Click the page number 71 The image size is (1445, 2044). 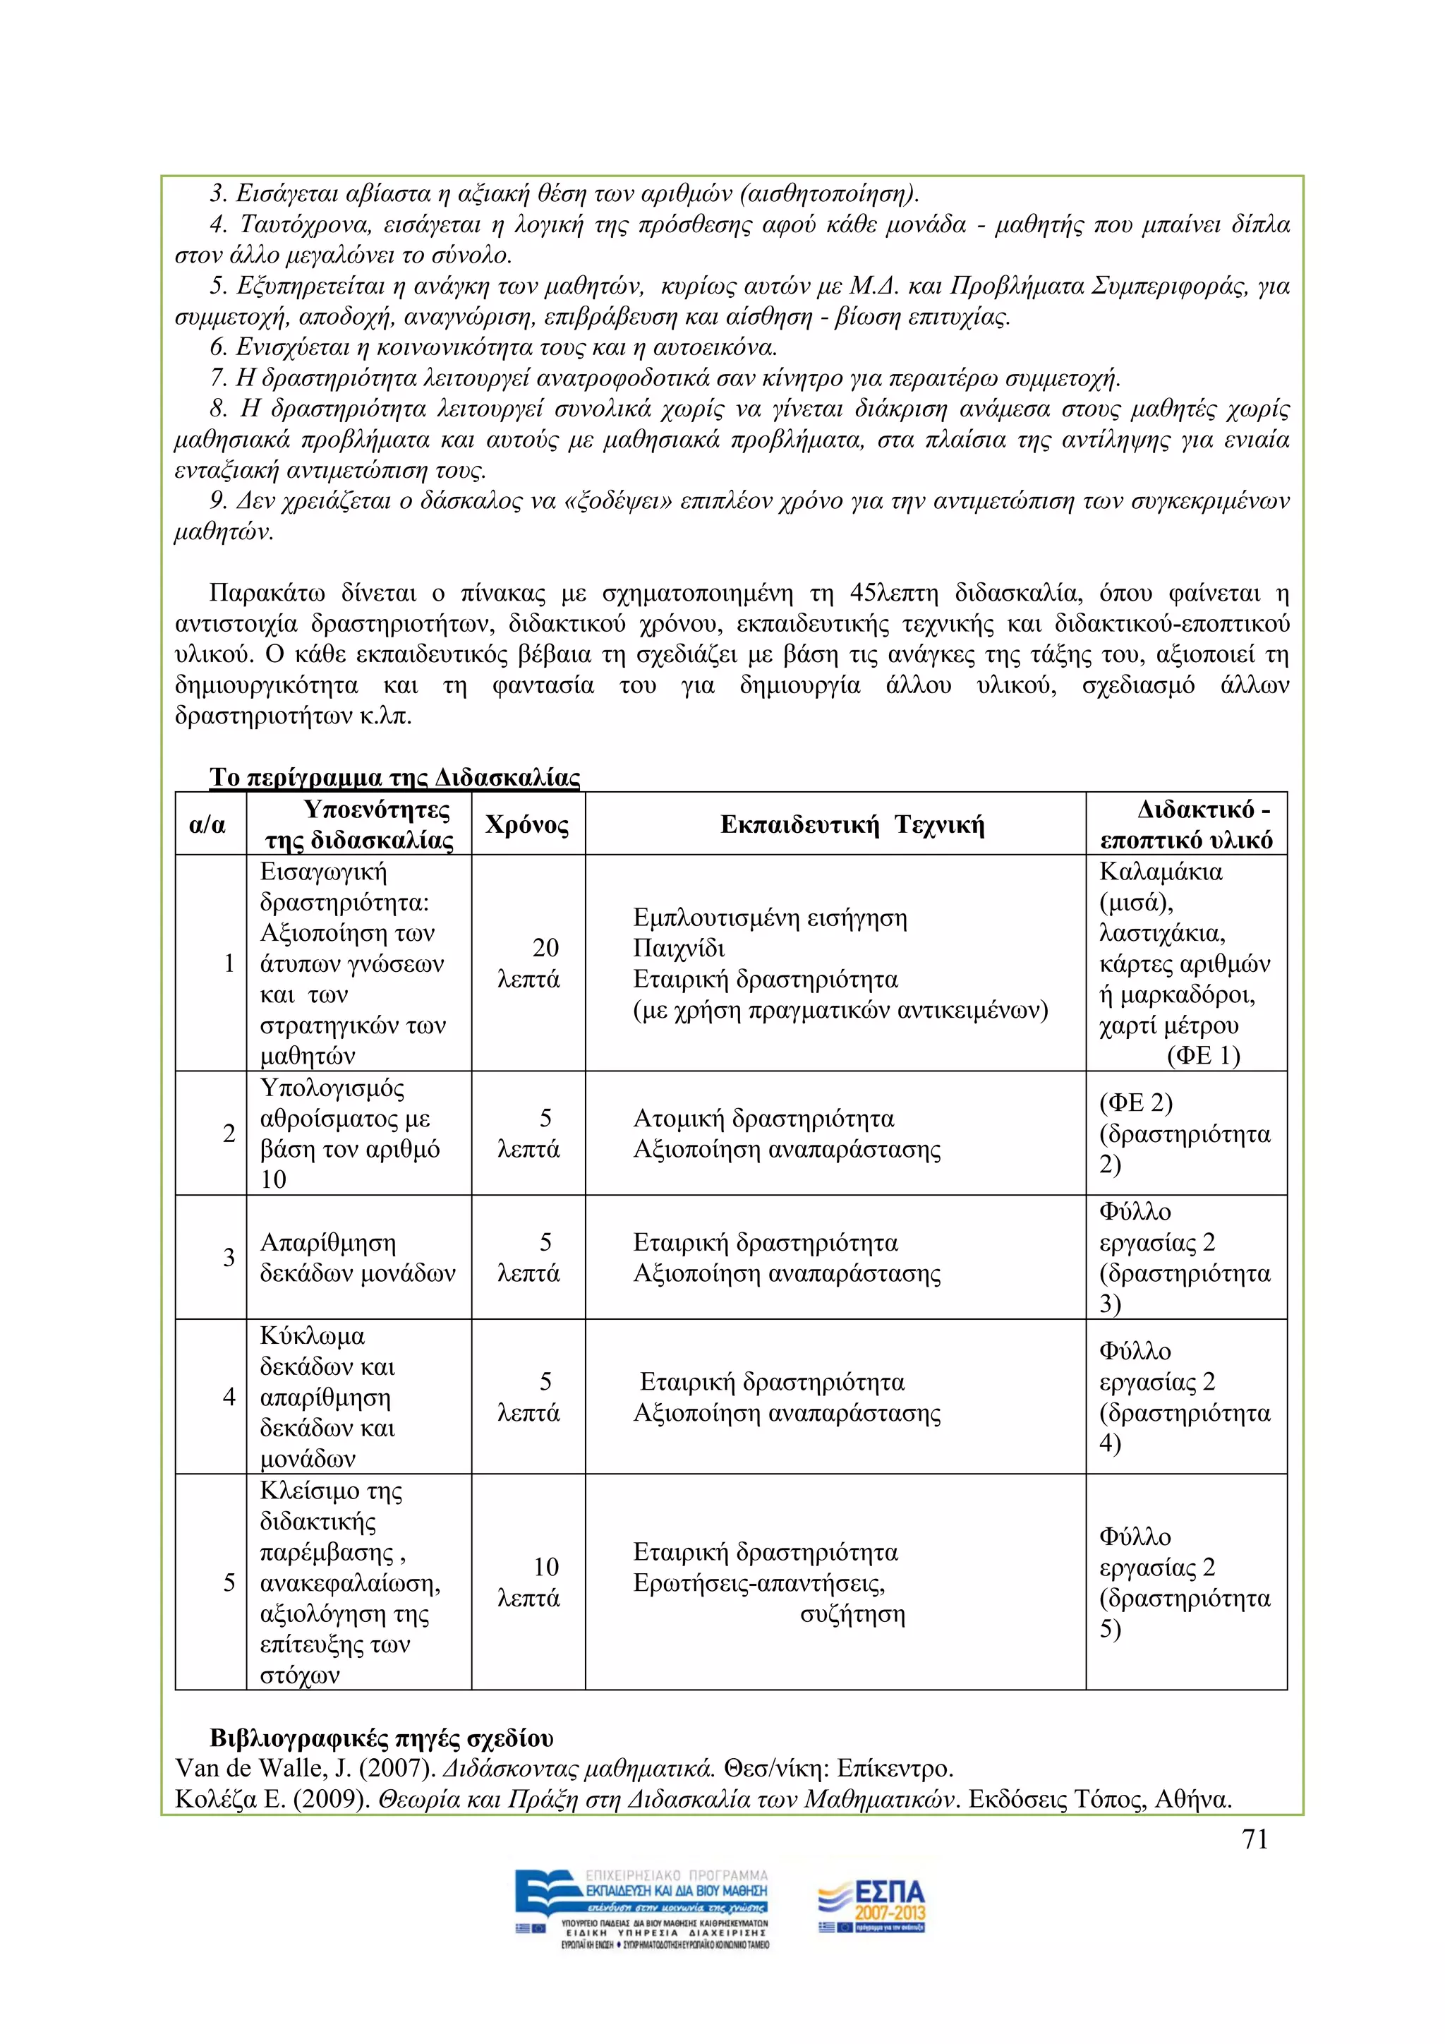1254,1839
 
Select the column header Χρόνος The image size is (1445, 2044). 527,824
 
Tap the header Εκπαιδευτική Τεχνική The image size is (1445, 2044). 852,824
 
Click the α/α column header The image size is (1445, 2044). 207,824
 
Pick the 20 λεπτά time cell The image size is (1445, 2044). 528,963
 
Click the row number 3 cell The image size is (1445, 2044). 229,1256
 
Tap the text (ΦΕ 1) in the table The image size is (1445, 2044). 1203,1056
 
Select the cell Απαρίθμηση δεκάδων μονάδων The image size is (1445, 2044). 357,1257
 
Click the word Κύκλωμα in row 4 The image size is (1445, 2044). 313,1336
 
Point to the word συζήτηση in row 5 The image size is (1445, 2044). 852,1613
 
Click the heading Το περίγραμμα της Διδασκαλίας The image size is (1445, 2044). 394,777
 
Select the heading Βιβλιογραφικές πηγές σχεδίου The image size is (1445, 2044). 381,1738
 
